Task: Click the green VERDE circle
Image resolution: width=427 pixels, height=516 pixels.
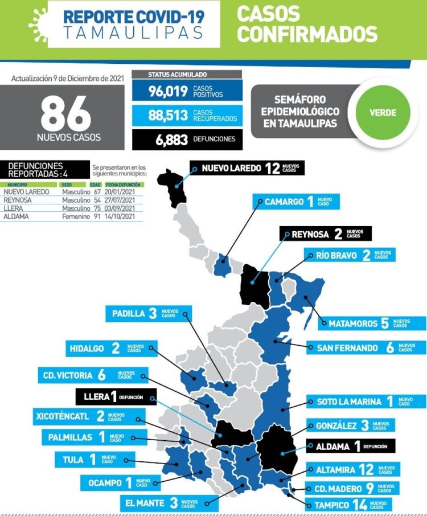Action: pyautogui.click(x=383, y=112)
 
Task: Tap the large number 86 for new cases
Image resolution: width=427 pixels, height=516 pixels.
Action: pyautogui.click(x=65, y=114)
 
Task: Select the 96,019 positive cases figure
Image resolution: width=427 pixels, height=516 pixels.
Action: pyautogui.click(x=169, y=92)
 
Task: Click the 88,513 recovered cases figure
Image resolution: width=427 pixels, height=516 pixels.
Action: pyautogui.click(x=169, y=115)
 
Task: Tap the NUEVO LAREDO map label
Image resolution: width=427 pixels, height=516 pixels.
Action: pyautogui.click(x=247, y=168)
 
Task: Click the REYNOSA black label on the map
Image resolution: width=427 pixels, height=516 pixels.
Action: pyautogui.click(x=325, y=234)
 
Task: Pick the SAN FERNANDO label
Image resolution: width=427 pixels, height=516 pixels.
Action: pyautogui.click(x=366, y=347)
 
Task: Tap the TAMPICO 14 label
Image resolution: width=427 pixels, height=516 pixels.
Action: pyautogui.click(x=348, y=505)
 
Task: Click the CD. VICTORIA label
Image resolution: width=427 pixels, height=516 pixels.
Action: pyautogui.click(x=88, y=375)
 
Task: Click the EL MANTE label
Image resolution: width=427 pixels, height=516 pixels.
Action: pyautogui.click(x=161, y=503)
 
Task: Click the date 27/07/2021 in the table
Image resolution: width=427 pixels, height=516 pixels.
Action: pyautogui.click(x=123, y=200)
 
